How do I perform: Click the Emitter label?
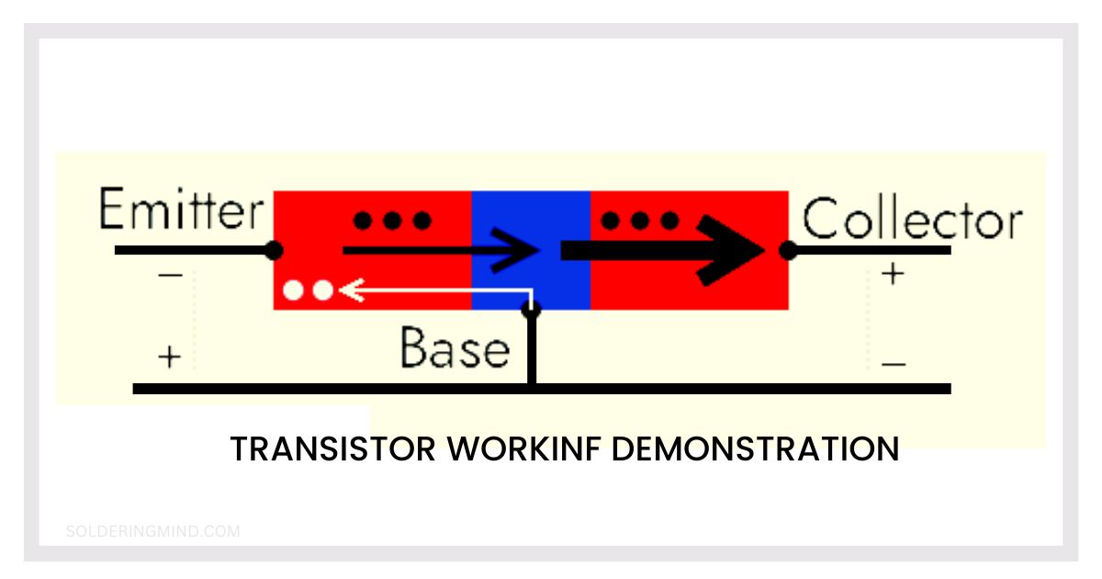[x=180, y=210]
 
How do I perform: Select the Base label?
[x=455, y=349]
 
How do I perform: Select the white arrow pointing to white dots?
[x=432, y=290]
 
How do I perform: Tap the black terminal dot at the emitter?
[x=273, y=249]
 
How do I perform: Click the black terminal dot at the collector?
[x=787, y=249]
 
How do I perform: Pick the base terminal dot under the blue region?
[x=530, y=310]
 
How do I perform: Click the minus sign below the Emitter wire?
[x=170, y=275]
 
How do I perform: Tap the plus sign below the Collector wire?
[x=893, y=274]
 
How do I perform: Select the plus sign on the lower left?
[x=170, y=357]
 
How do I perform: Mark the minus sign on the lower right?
[x=893, y=364]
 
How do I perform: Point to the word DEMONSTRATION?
[x=755, y=449]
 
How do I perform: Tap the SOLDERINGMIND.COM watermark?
[x=153, y=530]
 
